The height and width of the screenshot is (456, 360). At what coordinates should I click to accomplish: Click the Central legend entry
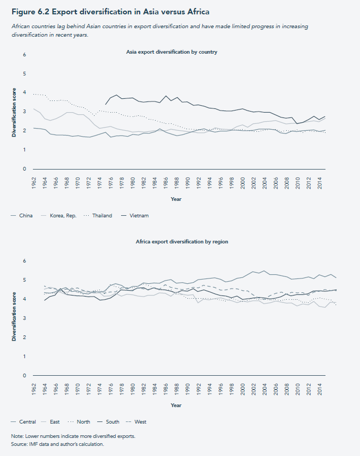pos(27,421)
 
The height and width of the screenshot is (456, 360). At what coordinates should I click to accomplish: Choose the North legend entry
pos(83,421)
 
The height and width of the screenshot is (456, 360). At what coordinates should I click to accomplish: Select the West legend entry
pos(140,421)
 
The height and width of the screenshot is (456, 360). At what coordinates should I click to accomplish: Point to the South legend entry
pos(112,421)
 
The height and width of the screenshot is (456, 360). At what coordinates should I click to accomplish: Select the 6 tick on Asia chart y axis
pos(24,54)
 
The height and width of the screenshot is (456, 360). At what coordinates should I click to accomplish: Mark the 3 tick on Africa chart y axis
pos(24,318)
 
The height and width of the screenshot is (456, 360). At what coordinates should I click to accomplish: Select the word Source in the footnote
pos(20,443)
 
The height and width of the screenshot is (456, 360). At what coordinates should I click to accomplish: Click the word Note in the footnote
pos(17,436)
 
